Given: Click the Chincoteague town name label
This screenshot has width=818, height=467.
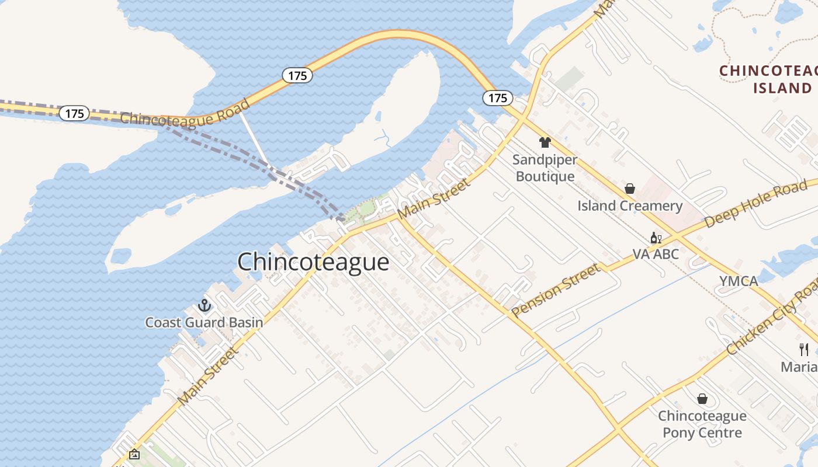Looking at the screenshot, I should click(313, 262).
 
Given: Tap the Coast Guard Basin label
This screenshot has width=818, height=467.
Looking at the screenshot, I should click(204, 322).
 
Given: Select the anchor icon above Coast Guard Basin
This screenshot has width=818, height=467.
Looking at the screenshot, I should click(204, 305).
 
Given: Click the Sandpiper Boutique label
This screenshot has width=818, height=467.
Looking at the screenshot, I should click(545, 168).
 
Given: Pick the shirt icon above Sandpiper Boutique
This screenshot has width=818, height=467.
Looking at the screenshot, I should click(545, 142).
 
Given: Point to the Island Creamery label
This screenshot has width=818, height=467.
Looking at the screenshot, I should click(630, 205).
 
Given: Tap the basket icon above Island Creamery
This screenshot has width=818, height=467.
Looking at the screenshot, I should click(630, 189).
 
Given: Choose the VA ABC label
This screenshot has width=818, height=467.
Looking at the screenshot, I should click(656, 255).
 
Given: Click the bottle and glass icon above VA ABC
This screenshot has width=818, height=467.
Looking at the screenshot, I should click(656, 238).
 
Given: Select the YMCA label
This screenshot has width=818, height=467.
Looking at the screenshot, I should click(739, 281).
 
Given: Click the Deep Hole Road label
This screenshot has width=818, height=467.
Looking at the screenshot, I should click(756, 204).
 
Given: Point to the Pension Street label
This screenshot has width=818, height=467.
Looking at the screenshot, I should click(556, 290).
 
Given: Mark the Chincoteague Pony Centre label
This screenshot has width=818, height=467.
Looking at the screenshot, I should click(702, 424).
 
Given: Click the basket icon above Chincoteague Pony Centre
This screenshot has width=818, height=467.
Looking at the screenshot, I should click(702, 399).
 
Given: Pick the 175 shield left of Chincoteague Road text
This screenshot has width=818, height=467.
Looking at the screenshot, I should click(75, 113).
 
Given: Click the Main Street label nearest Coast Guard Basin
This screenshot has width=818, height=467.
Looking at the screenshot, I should click(208, 377).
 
